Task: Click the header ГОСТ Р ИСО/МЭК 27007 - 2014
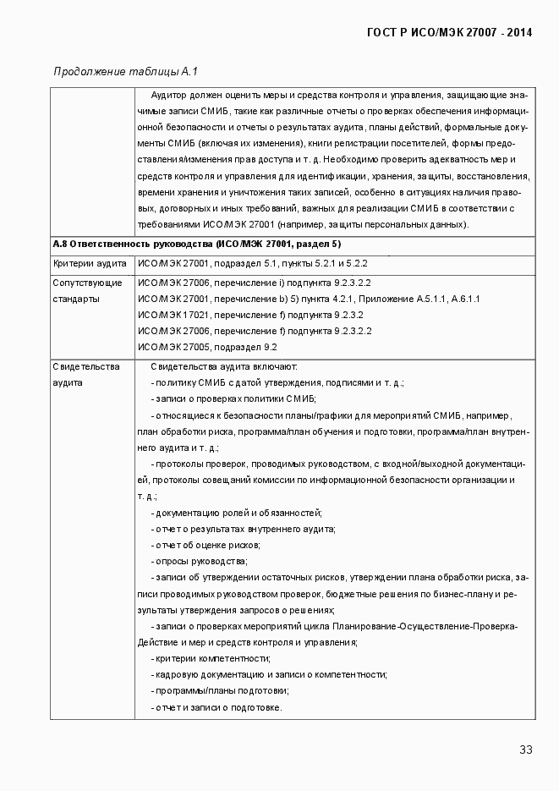449,33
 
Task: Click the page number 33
525,750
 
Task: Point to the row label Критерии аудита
90,264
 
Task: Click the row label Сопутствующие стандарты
87,290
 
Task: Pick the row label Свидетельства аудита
86,374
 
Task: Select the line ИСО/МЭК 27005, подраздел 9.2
207,347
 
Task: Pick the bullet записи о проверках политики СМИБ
233,398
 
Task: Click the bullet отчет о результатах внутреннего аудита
243,529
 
